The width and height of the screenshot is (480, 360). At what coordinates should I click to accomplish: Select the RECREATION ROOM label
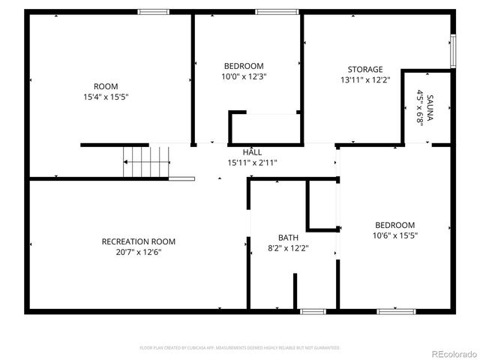[x=139, y=241]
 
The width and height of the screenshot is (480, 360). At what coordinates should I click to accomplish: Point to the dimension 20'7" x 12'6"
[x=139, y=252]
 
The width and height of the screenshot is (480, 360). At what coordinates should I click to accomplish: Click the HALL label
[x=252, y=152]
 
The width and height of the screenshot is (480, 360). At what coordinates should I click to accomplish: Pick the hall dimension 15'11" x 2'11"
[x=252, y=162]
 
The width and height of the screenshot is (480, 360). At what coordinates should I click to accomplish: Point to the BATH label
[x=288, y=238]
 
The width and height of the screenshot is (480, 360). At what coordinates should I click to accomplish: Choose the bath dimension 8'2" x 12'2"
[x=288, y=247]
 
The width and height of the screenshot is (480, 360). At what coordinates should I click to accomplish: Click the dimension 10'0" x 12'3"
[x=244, y=76]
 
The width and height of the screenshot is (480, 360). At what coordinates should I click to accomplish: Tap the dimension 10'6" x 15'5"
[x=395, y=235]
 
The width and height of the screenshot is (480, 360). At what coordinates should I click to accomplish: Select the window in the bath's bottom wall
[x=312, y=310]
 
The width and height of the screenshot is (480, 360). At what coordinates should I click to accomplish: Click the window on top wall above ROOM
[x=153, y=12]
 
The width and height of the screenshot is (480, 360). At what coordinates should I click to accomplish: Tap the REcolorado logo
[x=452, y=353]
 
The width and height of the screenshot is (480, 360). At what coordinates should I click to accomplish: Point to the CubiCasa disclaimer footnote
[x=240, y=348]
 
